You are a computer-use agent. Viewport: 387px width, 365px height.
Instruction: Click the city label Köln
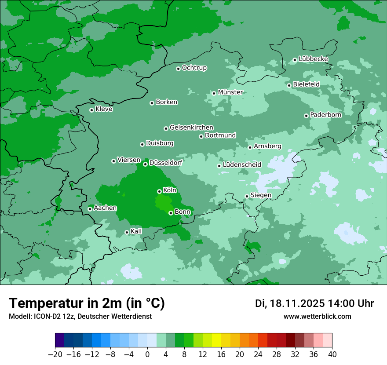click(170, 190)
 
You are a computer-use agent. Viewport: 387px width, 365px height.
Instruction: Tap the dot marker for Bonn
click(171, 213)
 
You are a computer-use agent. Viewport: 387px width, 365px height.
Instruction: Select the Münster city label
click(230, 92)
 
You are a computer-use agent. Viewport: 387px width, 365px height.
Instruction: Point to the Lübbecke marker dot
click(295, 60)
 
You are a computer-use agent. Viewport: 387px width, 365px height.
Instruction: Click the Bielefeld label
click(306, 84)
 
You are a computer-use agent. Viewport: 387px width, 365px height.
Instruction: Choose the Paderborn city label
click(325, 115)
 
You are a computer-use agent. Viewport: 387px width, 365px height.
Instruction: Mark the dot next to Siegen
click(247, 196)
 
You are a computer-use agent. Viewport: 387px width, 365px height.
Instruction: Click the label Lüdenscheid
click(242, 165)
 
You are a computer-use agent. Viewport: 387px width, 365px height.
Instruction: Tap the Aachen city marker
click(90, 209)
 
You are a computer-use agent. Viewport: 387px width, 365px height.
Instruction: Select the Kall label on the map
click(136, 231)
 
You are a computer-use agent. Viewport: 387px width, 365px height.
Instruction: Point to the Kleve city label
click(104, 109)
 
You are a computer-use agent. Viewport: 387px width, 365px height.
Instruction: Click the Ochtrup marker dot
click(179, 69)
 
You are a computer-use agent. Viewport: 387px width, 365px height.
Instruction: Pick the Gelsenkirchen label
click(191, 128)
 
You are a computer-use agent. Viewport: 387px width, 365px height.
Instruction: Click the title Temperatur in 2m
click(87, 303)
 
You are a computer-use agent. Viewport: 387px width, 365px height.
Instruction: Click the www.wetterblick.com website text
click(317, 316)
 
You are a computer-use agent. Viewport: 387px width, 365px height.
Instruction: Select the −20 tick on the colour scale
click(55, 354)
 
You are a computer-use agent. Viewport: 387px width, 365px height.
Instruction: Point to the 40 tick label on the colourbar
click(332, 354)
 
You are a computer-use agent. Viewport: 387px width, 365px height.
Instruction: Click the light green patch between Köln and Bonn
click(163, 203)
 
